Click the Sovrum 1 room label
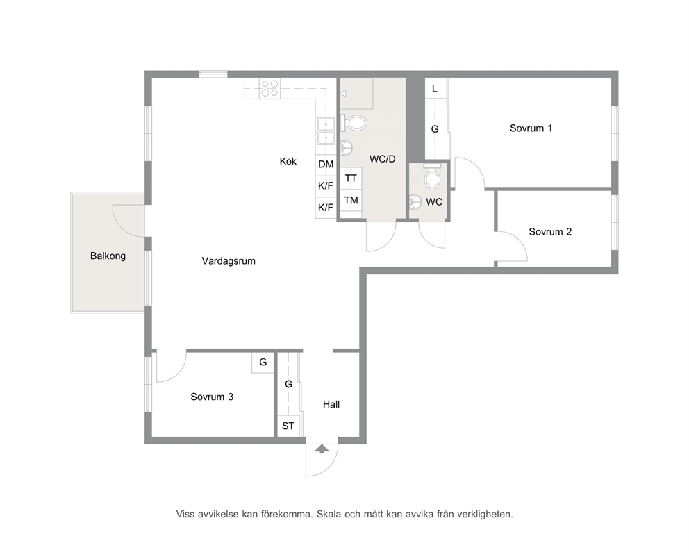point(531,128)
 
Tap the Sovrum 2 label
point(550,232)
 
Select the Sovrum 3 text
point(212,397)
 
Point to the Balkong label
point(108,256)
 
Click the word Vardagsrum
point(229,261)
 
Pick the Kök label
point(288,161)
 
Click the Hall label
point(331,405)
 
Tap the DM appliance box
point(326,165)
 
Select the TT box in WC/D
point(351,178)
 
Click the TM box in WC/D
point(351,200)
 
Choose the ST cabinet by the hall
point(288,426)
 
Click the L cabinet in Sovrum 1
point(435,89)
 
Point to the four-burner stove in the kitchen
point(269,88)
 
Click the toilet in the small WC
point(433,178)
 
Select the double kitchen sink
point(326,132)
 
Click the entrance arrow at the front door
point(322,449)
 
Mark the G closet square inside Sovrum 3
point(263,362)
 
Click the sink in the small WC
point(415,201)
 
